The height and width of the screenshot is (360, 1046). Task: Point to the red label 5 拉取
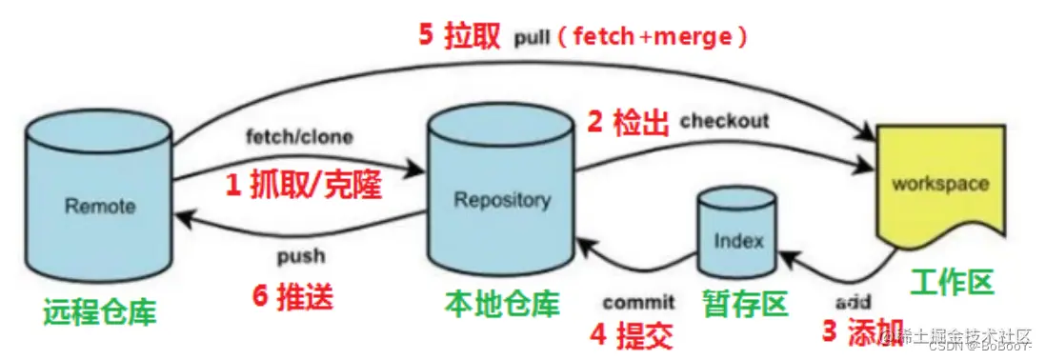click(x=458, y=37)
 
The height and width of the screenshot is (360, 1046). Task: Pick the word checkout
click(x=724, y=121)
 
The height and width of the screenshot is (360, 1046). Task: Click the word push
click(x=301, y=255)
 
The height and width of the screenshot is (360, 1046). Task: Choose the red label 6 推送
click(x=293, y=297)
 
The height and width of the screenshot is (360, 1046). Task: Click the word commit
click(x=637, y=302)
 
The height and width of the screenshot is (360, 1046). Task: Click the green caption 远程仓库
click(x=99, y=310)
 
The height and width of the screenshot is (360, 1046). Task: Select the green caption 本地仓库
click(x=501, y=303)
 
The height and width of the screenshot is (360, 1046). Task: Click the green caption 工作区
click(x=951, y=282)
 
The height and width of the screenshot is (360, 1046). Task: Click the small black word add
click(x=853, y=302)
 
